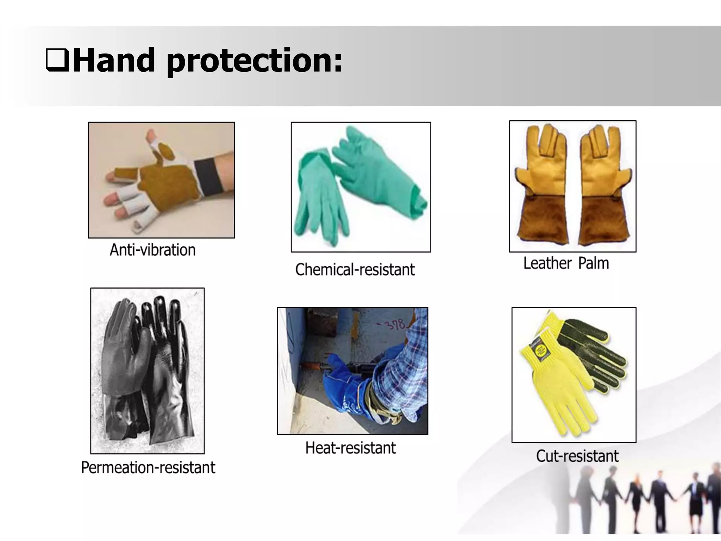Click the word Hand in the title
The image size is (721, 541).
click(x=114, y=60)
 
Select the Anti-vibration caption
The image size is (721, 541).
click(x=152, y=250)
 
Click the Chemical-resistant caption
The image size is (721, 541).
click(x=355, y=270)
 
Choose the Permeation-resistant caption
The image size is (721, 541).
click(x=148, y=468)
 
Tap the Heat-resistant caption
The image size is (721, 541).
click(x=351, y=448)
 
